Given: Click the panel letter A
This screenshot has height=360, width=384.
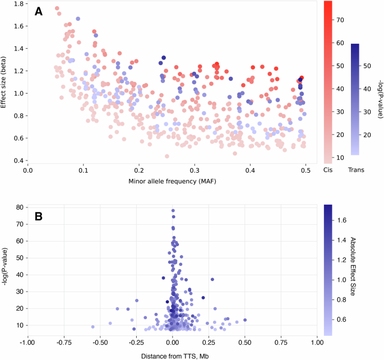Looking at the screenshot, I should click(x=38, y=11).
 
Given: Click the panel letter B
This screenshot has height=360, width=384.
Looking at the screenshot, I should click(x=38, y=216).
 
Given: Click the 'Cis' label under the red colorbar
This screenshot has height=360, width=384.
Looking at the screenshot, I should click(x=328, y=169).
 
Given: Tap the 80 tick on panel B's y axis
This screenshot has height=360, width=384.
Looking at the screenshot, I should click(x=17, y=207).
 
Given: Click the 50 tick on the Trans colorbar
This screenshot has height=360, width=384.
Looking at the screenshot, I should click(x=370, y=66).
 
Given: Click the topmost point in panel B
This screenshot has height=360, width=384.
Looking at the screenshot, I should click(x=173, y=211).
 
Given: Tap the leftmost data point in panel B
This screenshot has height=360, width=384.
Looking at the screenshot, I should click(x=92, y=326).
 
